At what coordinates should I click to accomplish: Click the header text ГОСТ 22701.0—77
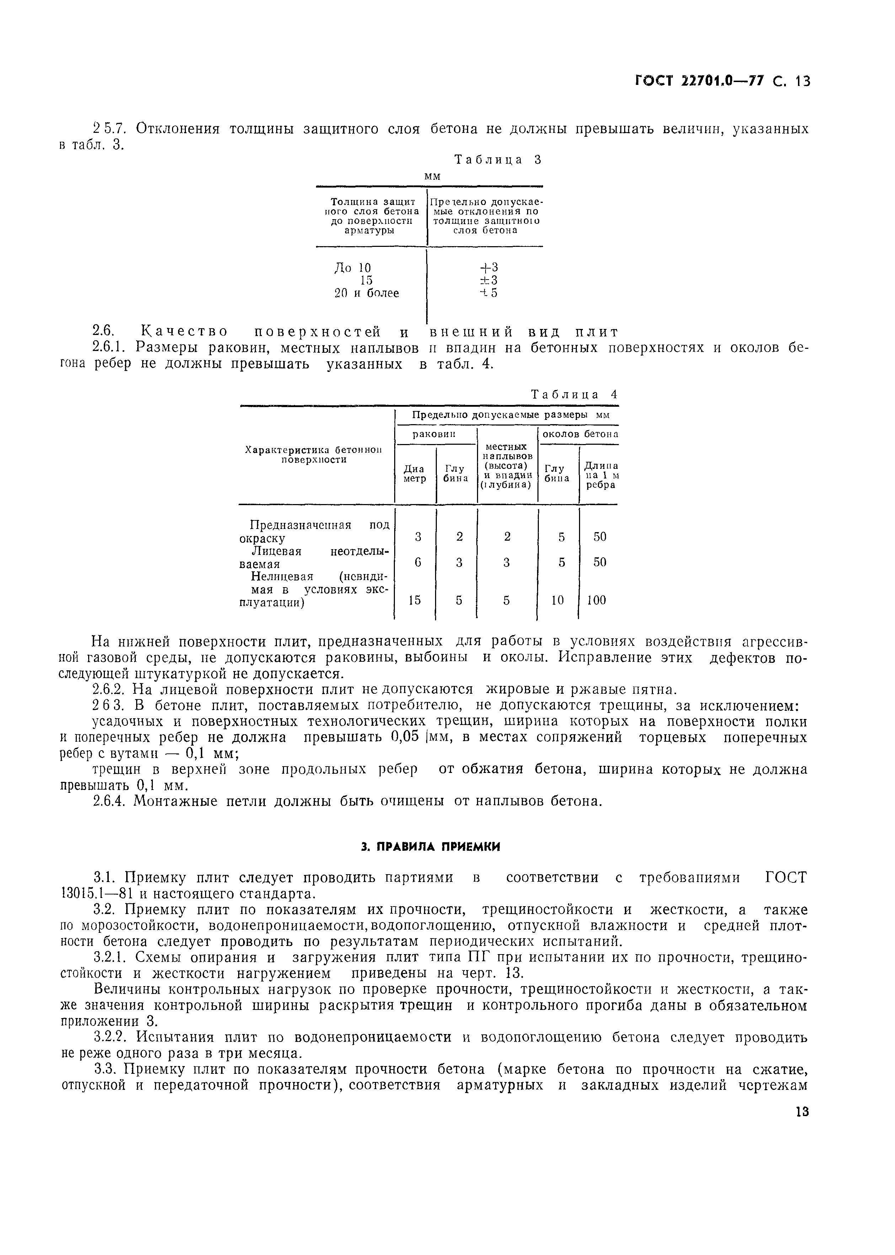pos(700,81)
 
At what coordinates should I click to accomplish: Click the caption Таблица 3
pos(498,160)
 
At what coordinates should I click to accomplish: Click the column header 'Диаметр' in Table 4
pos(414,474)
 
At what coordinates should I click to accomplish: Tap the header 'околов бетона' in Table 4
pos(580,434)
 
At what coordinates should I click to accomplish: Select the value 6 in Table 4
pos(418,562)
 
